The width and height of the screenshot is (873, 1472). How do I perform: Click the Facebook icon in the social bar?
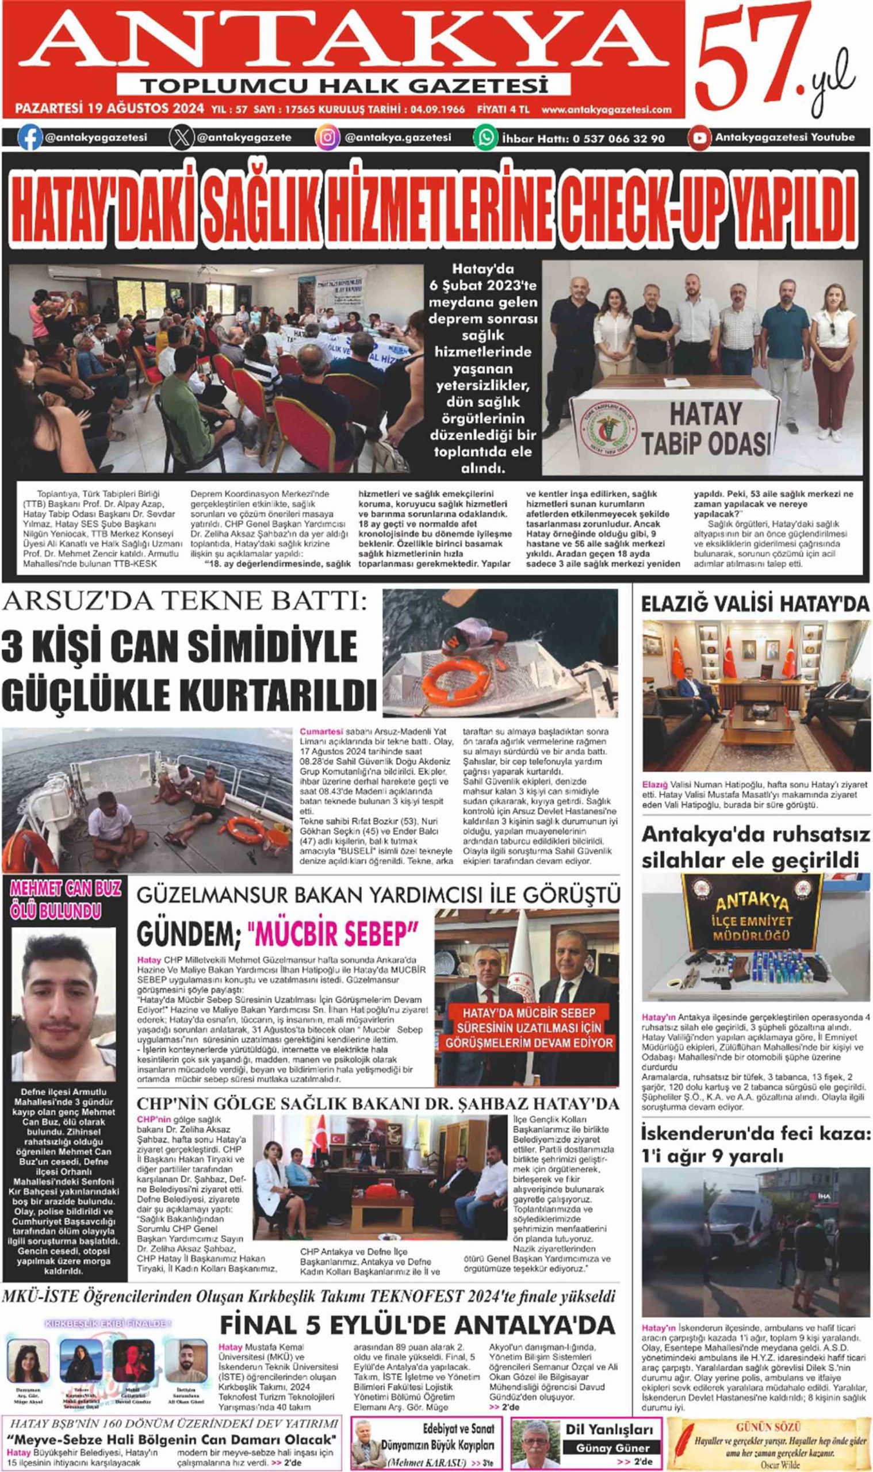coord(30,139)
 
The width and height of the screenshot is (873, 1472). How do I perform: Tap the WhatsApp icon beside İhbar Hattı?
coord(486,138)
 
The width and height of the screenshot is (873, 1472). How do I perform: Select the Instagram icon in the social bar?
coord(328,138)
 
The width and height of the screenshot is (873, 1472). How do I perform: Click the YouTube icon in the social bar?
coord(699,138)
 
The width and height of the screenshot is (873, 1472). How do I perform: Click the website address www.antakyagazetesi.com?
coord(607,109)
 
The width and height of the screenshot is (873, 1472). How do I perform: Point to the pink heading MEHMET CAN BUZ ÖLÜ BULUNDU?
coord(65,900)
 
